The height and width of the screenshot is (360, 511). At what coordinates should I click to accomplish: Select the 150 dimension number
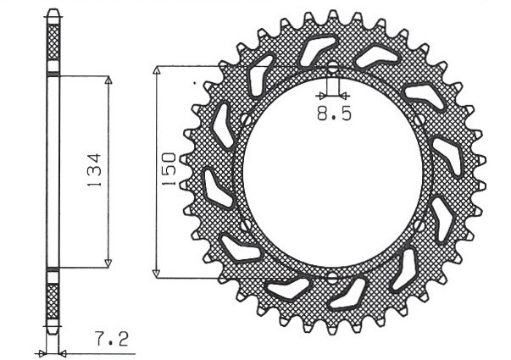(169, 170)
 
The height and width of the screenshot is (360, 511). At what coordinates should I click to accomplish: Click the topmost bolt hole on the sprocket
(332, 68)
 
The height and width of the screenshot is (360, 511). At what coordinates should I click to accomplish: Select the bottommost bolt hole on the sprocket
(332, 276)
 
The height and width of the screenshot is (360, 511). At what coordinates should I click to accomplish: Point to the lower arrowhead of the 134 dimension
(108, 263)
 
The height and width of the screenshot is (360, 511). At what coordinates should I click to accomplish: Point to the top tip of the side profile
(53, 12)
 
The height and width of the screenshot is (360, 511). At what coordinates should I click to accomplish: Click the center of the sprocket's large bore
(332, 172)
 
